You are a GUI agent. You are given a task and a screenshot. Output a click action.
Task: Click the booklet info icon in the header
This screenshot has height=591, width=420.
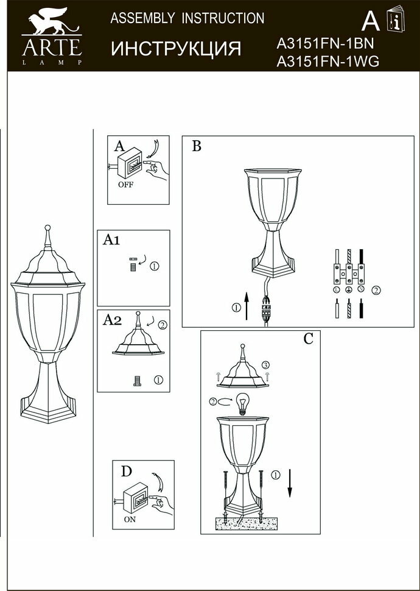click(394, 21)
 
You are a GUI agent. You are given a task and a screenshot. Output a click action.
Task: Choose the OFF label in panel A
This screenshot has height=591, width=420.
click(125, 185)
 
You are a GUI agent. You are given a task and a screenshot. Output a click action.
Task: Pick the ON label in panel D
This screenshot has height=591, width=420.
click(130, 520)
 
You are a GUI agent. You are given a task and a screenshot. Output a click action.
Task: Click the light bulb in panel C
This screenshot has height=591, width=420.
click(244, 403)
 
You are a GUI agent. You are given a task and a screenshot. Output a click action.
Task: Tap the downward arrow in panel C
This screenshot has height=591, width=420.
click(290, 484)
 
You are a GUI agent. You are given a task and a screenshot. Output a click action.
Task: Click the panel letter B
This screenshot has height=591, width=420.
click(196, 146)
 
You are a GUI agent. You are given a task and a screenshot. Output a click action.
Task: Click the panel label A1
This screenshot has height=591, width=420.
click(110, 240)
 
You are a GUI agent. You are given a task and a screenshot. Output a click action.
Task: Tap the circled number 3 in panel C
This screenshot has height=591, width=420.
click(266, 365)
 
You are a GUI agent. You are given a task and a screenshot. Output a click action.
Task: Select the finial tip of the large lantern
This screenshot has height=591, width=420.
click(47, 230)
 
